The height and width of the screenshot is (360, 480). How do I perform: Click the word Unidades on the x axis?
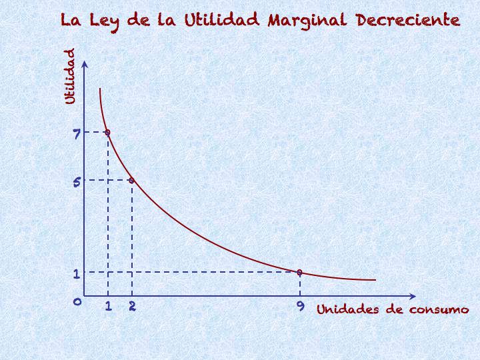(346, 309)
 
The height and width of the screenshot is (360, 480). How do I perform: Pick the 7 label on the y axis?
(77, 134)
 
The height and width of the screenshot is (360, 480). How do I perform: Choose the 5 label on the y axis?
(77, 181)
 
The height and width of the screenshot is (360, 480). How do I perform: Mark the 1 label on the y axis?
(77, 273)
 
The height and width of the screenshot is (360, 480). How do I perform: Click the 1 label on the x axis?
(108, 307)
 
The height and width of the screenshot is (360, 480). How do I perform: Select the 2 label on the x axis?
(132, 307)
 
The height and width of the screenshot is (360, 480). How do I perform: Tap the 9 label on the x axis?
(300, 307)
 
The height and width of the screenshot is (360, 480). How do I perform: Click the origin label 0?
(77, 302)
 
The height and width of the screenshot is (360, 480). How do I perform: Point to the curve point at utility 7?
(107, 132)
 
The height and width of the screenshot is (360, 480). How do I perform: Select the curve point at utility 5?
(131, 181)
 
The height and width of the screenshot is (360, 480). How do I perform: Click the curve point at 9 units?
(299, 272)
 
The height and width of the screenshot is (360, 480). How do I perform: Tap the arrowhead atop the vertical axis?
(84, 63)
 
